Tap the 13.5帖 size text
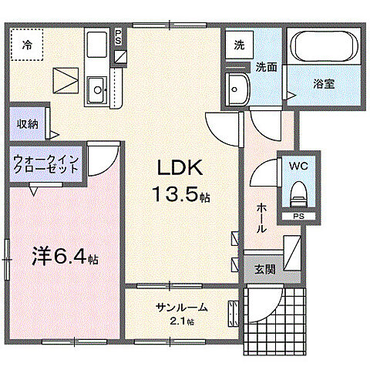click(x=183, y=197)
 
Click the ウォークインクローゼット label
click(x=45, y=165)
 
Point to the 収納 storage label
click(x=29, y=123)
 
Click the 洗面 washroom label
click(x=267, y=66)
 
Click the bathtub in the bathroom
click(x=324, y=51)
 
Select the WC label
click(x=298, y=165)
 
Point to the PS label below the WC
click(x=298, y=217)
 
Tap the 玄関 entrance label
click(x=263, y=268)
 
